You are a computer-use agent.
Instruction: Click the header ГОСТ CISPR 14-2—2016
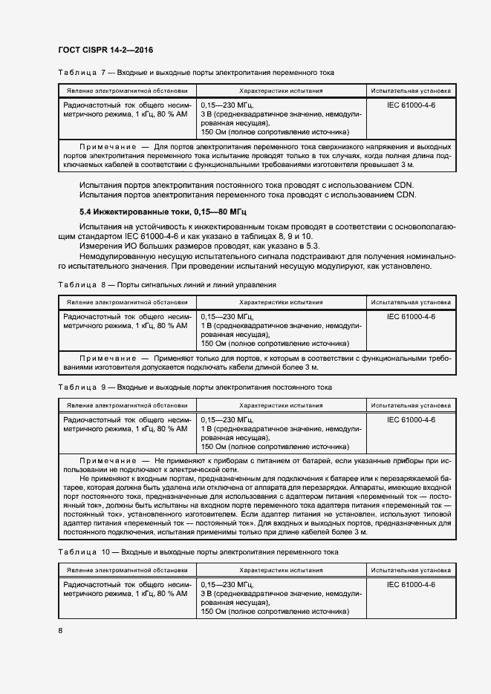point(105,50)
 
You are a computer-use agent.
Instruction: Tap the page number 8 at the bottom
point(60,631)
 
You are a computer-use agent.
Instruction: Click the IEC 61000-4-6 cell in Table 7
point(411,105)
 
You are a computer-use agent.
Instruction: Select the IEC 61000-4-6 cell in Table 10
point(411,585)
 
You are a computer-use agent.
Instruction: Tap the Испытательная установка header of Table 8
point(411,302)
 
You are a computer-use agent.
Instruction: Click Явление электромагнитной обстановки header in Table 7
point(127,91)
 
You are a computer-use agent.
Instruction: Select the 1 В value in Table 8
point(206,326)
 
